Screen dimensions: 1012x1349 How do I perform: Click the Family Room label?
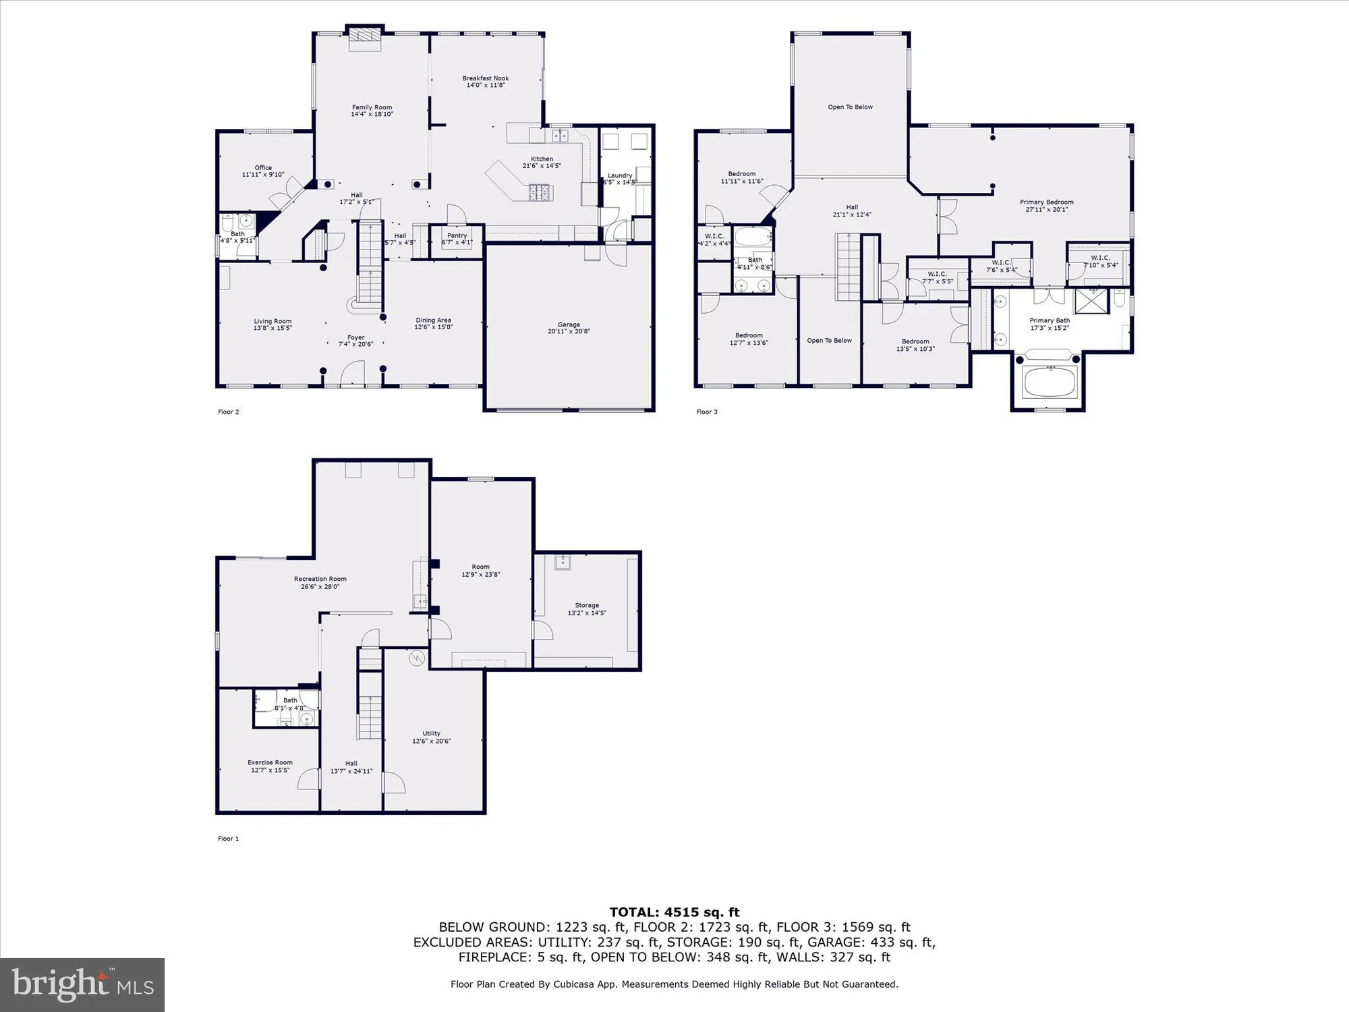pos(372,107)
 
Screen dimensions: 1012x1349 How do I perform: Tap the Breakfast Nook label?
pos(485,78)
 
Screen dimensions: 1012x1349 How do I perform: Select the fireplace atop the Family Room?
pos(364,40)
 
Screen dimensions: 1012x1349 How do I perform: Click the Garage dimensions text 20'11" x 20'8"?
pos(569,331)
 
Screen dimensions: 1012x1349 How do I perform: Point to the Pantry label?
pos(457,235)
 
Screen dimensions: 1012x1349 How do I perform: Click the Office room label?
pos(263,167)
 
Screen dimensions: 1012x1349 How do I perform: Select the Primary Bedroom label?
pos(1046,202)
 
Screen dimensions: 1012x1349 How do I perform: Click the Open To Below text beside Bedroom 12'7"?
pos(829,340)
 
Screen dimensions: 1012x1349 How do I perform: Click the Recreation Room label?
pos(320,579)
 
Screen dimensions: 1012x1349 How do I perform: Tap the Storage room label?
pos(587,605)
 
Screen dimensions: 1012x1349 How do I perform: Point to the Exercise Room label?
pos(270,762)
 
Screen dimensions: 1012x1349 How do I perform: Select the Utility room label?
pos(431,733)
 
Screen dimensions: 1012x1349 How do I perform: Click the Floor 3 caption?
pos(707,412)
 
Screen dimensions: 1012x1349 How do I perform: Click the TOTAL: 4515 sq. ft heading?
pos(674,912)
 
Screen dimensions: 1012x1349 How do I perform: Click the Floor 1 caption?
pos(228,839)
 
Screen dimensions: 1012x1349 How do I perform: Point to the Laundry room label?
pos(619,175)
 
